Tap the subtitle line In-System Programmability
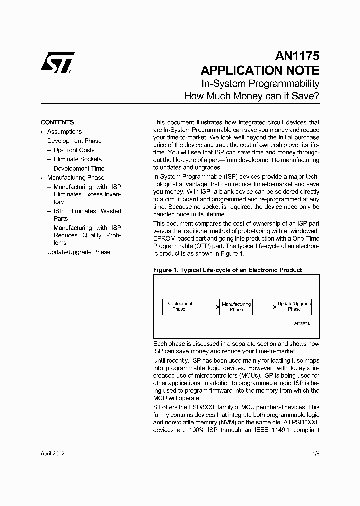click(x=260, y=84)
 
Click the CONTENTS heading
click(x=57, y=122)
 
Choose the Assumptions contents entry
click(x=64, y=132)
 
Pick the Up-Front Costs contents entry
click(x=74, y=150)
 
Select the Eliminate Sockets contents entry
click(x=77, y=159)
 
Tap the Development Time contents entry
click(x=79, y=168)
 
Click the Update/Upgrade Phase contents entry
click(x=79, y=252)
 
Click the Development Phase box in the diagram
click(x=179, y=306)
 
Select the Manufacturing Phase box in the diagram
click(x=236, y=306)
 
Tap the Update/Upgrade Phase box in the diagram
click(x=294, y=306)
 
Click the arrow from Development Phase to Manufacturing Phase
click(x=207, y=306)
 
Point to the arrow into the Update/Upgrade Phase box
click(x=265, y=306)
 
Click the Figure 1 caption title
click(x=227, y=270)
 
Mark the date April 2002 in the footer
click(x=52, y=454)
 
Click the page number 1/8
click(x=315, y=454)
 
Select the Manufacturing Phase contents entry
click(x=76, y=178)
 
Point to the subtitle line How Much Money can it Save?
click(x=252, y=96)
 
